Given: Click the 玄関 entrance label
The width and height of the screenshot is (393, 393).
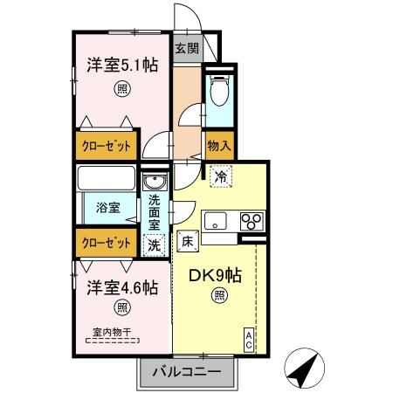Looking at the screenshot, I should (187, 49).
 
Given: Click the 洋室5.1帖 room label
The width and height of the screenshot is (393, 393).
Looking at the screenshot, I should (121, 64).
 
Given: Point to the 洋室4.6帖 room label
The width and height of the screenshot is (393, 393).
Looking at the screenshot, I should (121, 286).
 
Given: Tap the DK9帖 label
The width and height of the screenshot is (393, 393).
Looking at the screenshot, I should (217, 274).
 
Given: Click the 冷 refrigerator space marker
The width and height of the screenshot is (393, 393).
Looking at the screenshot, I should (221, 176).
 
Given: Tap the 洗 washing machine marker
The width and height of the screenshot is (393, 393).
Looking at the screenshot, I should (154, 245).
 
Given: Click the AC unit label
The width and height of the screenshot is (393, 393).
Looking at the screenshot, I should (249, 339).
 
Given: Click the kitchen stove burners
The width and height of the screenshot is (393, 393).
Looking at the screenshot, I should (252, 220).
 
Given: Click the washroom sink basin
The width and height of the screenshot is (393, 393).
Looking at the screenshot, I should (155, 183).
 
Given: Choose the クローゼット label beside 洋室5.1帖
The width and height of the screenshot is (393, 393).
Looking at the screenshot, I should (105, 146).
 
